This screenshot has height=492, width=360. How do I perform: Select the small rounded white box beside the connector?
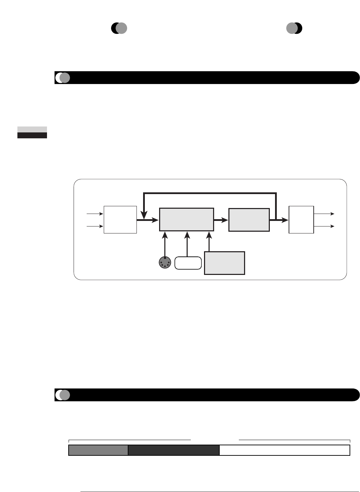[x=188, y=263]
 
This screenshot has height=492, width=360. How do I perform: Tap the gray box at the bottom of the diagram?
[x=225, y=263]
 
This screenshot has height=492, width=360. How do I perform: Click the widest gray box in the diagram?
[x=187, y=220]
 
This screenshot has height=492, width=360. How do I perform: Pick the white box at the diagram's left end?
[x=120, y=220]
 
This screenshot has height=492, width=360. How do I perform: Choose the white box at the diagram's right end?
[x=302, y=220]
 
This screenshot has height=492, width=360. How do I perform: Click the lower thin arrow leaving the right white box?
[x=324, y=226]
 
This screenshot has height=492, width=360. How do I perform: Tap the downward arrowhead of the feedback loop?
[x=143, y=213]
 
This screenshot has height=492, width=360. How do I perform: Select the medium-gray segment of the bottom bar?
[x=98, y=450]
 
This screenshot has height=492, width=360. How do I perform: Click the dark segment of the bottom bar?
[x=174, y=450]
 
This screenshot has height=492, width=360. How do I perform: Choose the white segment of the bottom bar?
[x=284, y=450]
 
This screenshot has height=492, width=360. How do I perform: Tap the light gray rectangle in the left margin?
[x=32, y=129]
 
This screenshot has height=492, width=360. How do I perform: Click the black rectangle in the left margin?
[x=32, y=136]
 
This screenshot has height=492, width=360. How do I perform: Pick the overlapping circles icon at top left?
[x=119, y=28]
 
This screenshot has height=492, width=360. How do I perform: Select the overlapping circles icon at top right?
[x=294, y=28]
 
